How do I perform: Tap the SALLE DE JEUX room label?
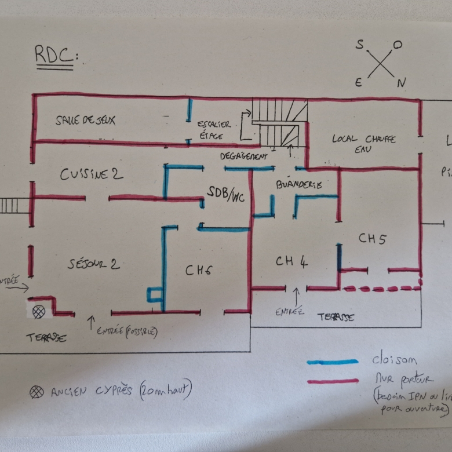85,121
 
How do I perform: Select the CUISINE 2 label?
92,173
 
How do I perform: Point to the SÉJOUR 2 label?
94,264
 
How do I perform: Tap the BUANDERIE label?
299,184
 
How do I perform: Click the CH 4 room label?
291,261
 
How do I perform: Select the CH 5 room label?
372,238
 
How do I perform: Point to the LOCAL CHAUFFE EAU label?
364,144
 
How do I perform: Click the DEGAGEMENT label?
243,156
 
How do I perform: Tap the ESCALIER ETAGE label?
213,129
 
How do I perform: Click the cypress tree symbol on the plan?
39,311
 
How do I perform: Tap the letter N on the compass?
401,83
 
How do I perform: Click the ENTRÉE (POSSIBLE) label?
126,331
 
